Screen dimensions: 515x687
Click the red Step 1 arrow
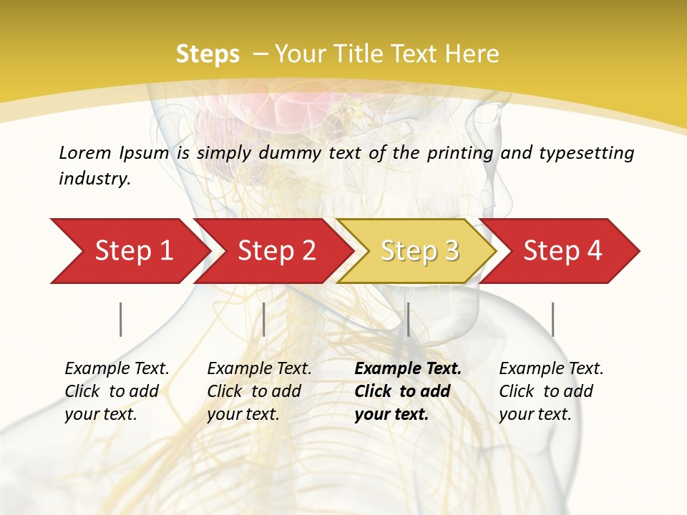(129, 251)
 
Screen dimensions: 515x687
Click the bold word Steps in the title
(208, 54)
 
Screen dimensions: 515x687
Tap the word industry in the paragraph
(94, 178)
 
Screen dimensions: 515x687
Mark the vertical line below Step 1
(121, 319)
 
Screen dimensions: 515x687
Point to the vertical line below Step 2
(264, 319)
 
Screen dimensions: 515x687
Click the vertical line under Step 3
(408, 319)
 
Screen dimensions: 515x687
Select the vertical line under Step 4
(552, 319)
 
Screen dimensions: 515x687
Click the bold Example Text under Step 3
(408, 368)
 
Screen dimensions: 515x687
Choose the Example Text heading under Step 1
(117, 368)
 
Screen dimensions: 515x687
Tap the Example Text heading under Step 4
(551, 368)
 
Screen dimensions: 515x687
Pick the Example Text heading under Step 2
(259, 368)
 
